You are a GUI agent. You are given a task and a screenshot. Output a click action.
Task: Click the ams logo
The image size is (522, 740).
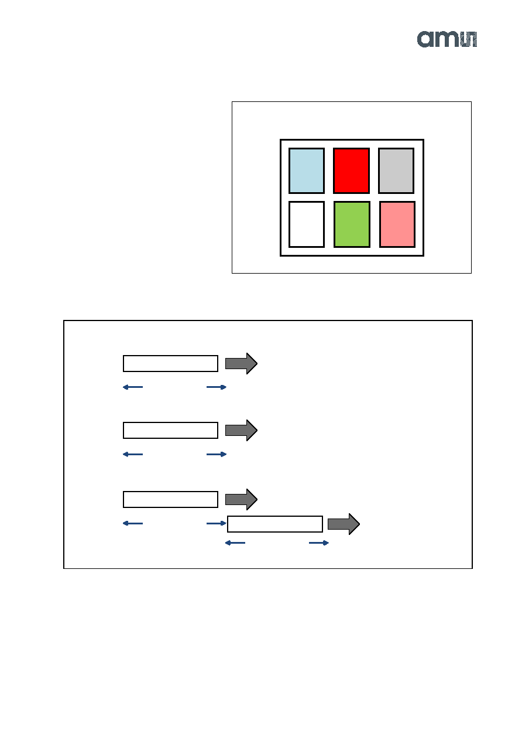[447, 39]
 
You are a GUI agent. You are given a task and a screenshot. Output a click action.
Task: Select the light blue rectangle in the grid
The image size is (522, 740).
[306, 170]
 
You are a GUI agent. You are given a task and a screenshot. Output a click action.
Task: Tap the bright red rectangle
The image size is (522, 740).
[351, 170]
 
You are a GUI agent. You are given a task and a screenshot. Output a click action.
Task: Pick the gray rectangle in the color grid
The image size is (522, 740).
[396, 170]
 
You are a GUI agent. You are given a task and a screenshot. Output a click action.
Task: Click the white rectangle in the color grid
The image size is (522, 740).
[306, 224]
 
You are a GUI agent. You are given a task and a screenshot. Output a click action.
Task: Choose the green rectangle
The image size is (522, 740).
[352, 224]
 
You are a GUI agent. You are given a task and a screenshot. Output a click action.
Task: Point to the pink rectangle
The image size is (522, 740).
[397, 224]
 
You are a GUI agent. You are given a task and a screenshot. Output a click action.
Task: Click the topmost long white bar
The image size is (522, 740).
[170, 363]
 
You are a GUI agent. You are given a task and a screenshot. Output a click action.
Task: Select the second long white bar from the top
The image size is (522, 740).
[170, 430]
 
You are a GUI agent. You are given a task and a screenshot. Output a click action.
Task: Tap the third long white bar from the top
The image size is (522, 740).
[170, 499]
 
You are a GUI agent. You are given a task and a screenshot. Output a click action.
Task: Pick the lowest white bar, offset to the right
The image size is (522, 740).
[275, 524]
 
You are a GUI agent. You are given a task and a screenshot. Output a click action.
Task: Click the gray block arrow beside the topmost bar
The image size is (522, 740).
[241, 363]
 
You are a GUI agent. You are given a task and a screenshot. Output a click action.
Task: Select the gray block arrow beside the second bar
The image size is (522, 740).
[241, 430]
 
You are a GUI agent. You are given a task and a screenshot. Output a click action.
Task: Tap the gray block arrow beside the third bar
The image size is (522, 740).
[241, 499]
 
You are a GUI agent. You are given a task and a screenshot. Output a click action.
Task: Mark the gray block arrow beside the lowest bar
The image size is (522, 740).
[344, 524]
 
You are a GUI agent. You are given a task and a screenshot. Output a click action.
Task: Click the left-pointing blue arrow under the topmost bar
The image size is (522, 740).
[133, 387]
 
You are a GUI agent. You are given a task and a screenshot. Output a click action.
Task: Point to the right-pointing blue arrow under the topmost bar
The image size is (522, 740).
[217, 387]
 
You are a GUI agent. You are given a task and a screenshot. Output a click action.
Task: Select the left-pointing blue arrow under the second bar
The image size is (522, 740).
[133, 454]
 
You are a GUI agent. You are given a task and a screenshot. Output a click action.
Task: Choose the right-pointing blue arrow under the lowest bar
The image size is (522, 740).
[319, 543]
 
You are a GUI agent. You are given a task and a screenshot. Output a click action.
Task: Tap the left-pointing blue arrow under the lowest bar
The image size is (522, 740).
[235, 543]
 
